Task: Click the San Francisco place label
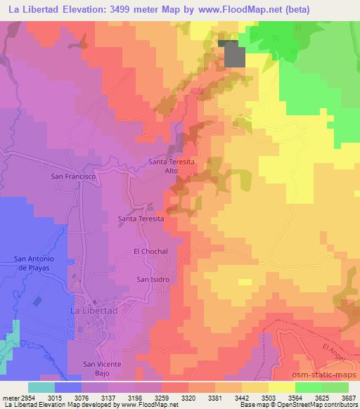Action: pos(73,177)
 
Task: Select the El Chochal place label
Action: pos(148,251)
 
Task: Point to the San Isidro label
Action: pos(153,279)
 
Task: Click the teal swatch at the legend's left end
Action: pos(41,387)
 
